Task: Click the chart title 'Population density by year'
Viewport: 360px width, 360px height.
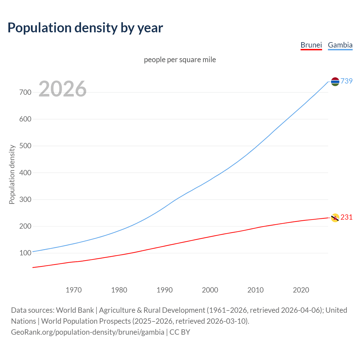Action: coord(85,28)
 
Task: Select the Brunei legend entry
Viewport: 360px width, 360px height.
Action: coord(311,45)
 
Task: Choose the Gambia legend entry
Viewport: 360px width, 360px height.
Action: coord(340,45)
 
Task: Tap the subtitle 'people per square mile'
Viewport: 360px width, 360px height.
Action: coord(180,60)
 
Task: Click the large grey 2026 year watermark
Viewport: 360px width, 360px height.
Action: coord(62,89)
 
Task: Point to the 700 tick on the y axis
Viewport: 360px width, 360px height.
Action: coord(25,92)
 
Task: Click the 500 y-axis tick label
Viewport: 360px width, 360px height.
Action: coord(25,146)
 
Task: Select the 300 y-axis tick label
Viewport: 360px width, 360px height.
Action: coord(25,199)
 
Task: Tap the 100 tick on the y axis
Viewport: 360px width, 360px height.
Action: coord(25,253)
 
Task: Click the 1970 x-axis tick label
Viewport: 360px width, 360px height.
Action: coord(74,290)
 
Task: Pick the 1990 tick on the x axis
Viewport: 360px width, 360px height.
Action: coord(165,290)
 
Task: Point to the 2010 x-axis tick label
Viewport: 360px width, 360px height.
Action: coord(255,290)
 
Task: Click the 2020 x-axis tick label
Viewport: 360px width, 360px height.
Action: coord(301,290)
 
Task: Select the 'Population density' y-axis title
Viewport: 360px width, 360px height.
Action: coord(12,174)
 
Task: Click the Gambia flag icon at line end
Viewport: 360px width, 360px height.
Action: coord(335,82)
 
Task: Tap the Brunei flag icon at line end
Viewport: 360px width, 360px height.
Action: coord(335,218)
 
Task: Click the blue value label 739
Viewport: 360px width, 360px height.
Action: coord(346,81)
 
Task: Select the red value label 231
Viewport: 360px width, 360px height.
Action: coord(346,217)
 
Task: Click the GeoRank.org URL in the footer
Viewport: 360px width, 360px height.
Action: coord(87,332)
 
